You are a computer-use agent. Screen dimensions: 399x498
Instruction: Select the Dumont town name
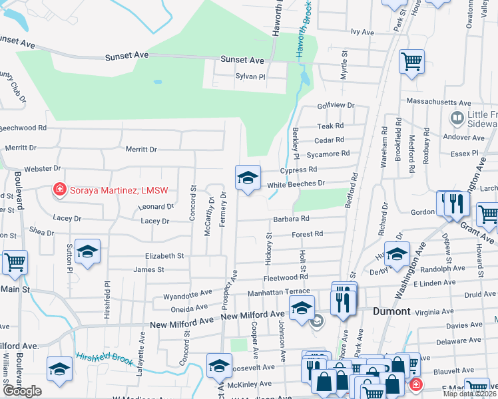click(391, 311)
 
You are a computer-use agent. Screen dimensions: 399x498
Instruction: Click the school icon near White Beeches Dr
click(248, 178)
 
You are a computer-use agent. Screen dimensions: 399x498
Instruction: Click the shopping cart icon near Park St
click(412, 62)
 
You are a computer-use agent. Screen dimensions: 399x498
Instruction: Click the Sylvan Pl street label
click(250, 76)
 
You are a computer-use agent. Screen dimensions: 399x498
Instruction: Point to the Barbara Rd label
click(290, 218)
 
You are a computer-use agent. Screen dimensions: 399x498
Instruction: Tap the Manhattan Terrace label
click(278, 292)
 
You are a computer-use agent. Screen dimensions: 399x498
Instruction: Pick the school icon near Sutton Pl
click(87, 252)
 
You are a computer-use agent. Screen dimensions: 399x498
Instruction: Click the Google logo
click(22, 391)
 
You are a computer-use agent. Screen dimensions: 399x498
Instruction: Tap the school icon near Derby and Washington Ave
click(397, 255)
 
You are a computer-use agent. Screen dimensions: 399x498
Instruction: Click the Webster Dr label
click(43, 170)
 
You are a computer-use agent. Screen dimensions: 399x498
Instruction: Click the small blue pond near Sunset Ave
click(158, 82)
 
